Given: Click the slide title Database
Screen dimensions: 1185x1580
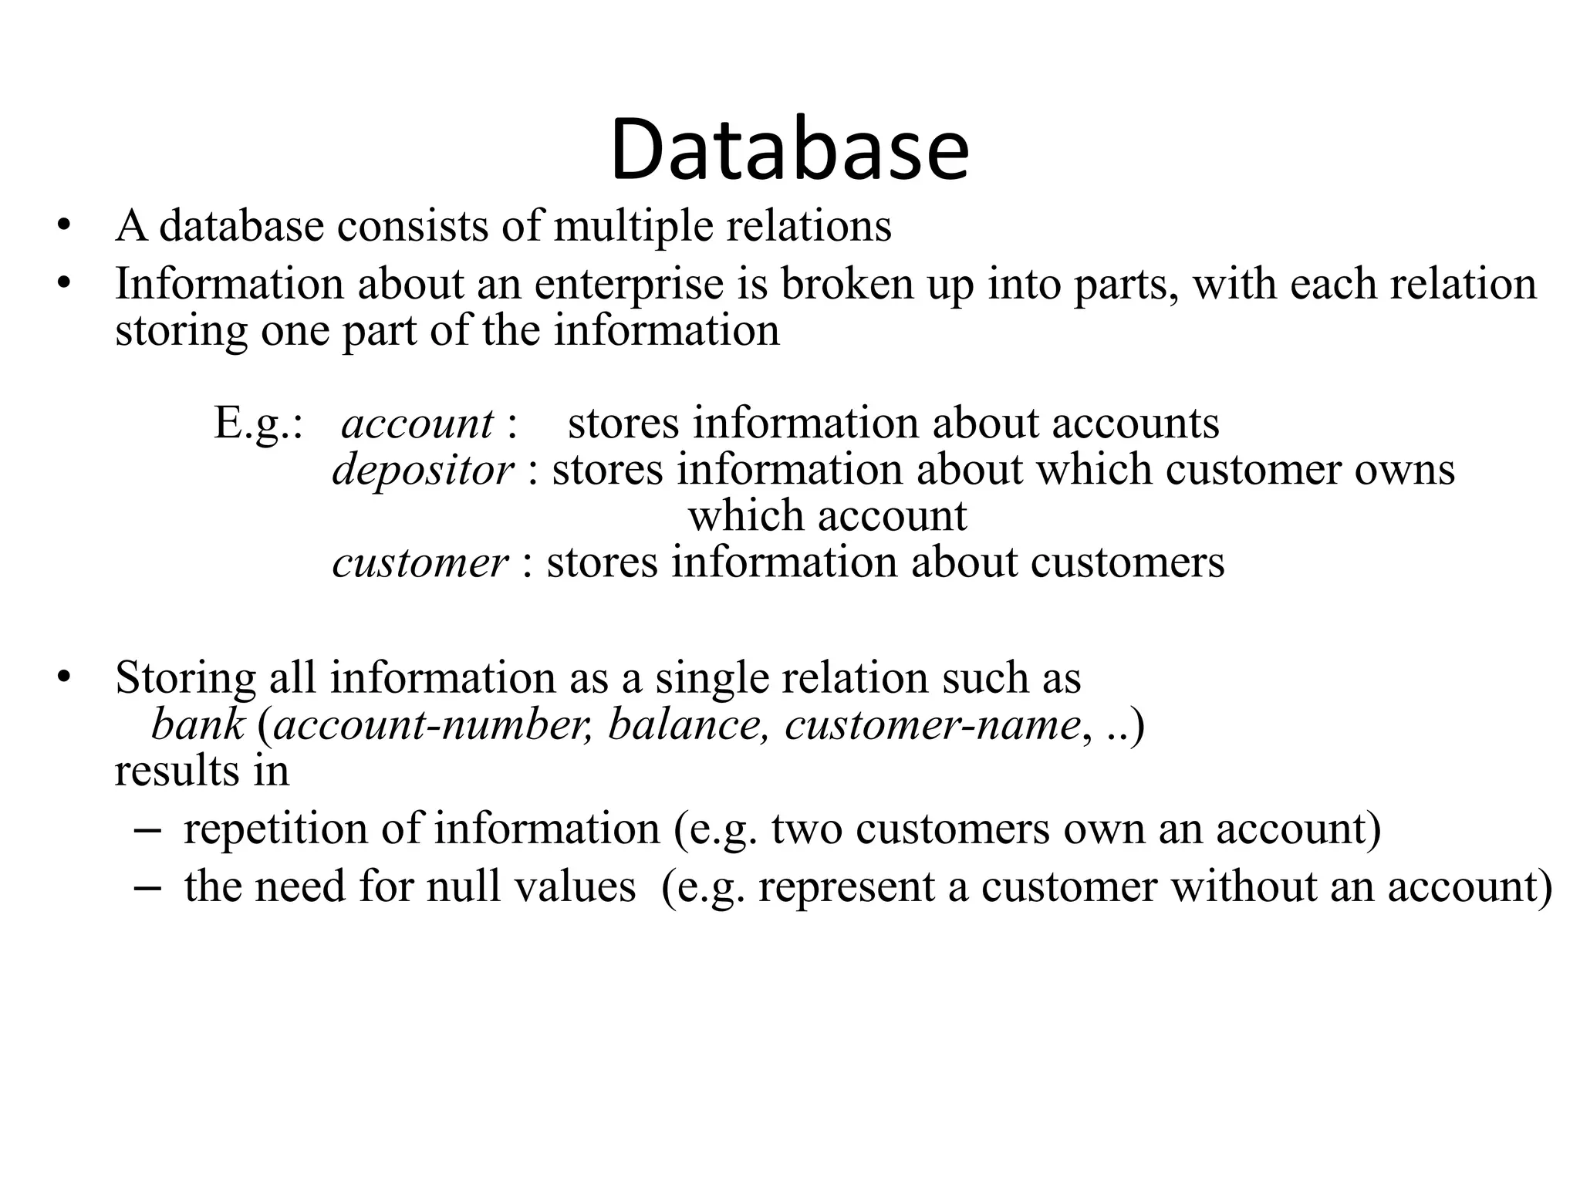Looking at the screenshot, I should (789, 149).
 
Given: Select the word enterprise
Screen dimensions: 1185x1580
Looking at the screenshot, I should (629, 284).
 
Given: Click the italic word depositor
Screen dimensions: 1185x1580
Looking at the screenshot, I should (423, 470).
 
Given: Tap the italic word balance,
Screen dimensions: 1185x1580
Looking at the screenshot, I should (688, 725).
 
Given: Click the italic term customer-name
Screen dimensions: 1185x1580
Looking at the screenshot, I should (932, 725).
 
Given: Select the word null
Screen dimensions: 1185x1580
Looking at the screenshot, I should (462, 886).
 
